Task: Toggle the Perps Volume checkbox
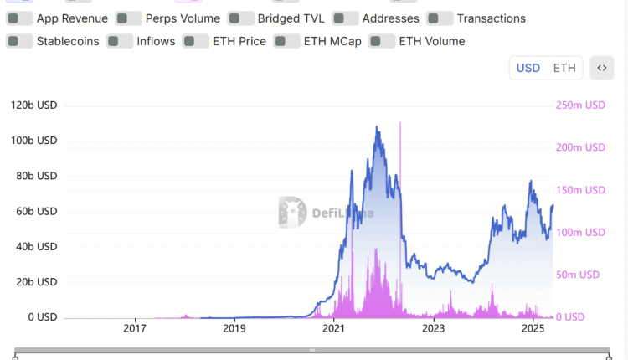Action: pyautogui.click(x=128, y=18)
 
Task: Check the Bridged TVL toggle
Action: pyautogui.click(x=240, y=18)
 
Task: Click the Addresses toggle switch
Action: pyautogui.click(x=345, y=18)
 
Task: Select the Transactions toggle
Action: pyautogui.click(x=440, y=18)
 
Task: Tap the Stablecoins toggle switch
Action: pyautogui.click(x=19, y=41)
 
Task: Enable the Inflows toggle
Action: pyautogui.click(x=120, y=41)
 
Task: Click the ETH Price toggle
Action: pyautogui.click(x=196, y=41)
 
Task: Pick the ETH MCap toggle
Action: pyautogui.click(x=286, y=41)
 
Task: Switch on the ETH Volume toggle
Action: pyautogui.click(x=382, y=41)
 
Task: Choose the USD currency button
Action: pyautogui.click(x=528, y=68)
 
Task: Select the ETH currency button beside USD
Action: pyautogui.click(x=564, y=68)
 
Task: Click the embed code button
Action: pyautogui.click(x=601, y=68)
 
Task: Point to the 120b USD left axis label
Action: pyautogui.click(x=33, y=105)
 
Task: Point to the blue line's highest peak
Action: pyautogui.click(x=377, y=127)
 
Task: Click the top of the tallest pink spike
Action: pyautogui.click(x=400, y=122)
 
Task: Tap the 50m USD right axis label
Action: pyautogui.click(x=578, y=275)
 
